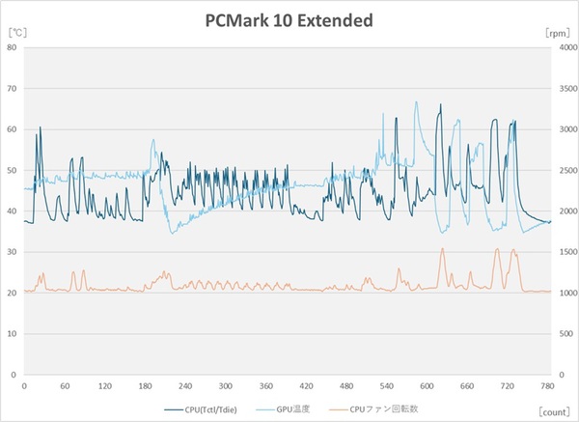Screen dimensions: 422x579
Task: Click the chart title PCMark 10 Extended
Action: [289, 19]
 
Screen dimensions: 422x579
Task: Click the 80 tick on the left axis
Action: [14, 48]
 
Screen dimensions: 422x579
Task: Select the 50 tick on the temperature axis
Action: [14, 170]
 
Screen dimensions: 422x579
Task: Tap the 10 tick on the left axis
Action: [14, 333]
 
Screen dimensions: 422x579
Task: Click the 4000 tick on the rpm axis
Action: [565, 48]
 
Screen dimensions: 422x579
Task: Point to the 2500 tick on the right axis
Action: [565, 170]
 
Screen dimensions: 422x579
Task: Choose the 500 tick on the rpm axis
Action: [563, 333]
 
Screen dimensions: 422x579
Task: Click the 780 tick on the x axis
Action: [547, 384]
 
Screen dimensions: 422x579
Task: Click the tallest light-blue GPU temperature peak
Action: [417, 102]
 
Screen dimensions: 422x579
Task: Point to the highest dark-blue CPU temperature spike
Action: [440, 105]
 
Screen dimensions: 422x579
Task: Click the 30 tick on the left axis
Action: [14, 252]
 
